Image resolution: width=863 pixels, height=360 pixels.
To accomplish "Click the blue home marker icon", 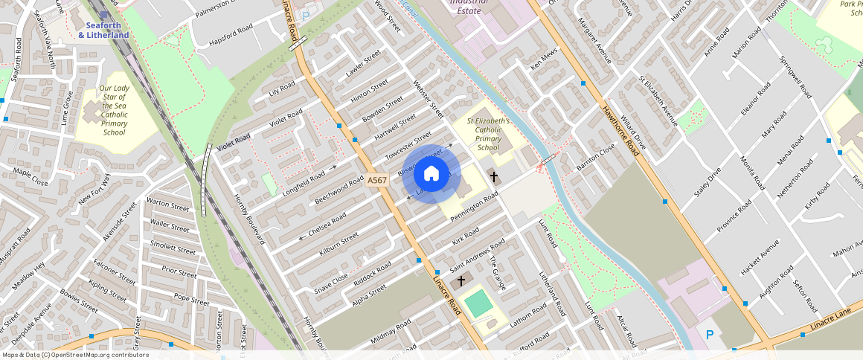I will [x=431, y=174].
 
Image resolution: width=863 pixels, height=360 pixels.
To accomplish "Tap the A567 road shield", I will [x=377, y=180].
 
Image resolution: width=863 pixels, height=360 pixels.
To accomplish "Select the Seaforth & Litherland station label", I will [x=104, y=30].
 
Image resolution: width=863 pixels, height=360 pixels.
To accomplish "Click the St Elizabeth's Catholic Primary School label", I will [x=488, y=134].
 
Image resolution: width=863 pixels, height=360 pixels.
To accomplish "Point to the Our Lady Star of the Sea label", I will [x=114, y=111].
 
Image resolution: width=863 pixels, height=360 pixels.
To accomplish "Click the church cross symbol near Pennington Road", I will [x=494, y=176].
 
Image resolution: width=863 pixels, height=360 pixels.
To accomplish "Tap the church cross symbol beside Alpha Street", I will [x=462, y=280].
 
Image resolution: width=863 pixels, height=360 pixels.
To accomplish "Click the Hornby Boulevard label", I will [x=253, y=217].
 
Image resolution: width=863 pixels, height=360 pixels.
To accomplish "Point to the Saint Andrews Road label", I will [x=477, y=253].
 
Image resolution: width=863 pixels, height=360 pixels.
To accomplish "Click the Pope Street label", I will [x=191, y=299].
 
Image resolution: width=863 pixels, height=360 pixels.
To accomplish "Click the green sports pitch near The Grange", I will [x=480, y=303].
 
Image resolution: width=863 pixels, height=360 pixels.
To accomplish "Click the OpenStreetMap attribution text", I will [x=75, y=355].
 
